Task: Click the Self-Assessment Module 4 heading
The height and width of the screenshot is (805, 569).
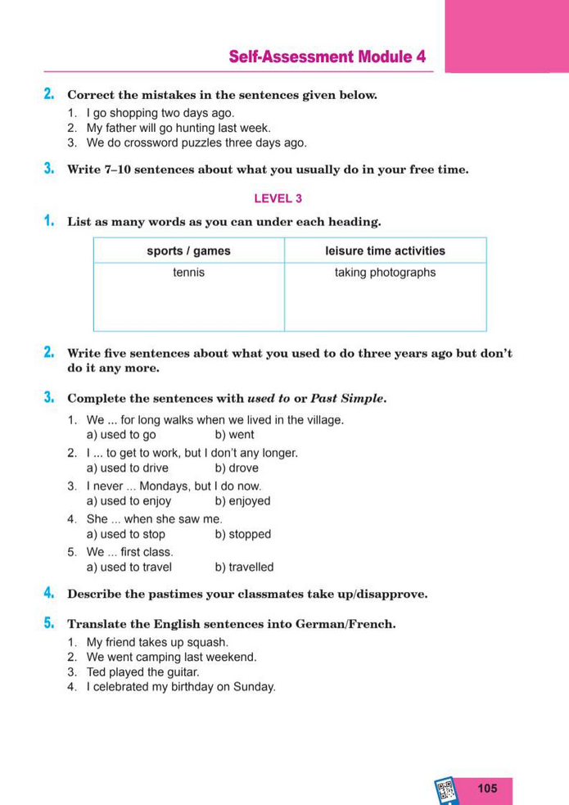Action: click(x=327, y=57)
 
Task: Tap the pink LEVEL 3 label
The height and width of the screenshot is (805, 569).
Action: click(x=278, y=197)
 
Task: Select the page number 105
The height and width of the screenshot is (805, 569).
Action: click(x=486, y=788)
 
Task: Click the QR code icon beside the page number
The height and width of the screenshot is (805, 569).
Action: click(x=446, y=790)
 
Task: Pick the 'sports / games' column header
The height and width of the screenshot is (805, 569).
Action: click(x=188, y=251)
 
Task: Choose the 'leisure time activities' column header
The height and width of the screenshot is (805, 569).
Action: click(x=385, y=251)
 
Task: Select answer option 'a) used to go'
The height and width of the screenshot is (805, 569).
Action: click(x=121, y=435)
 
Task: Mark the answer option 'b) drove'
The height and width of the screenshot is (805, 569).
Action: click(x=237, y=468)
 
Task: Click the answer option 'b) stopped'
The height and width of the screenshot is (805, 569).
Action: click(x=242, y=534)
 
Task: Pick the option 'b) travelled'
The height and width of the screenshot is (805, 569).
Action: click(x=244, y=567)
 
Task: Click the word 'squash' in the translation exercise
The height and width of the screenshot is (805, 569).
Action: click(x=209, y=642)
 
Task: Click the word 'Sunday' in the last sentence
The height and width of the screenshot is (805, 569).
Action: click(x=255, y=686)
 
